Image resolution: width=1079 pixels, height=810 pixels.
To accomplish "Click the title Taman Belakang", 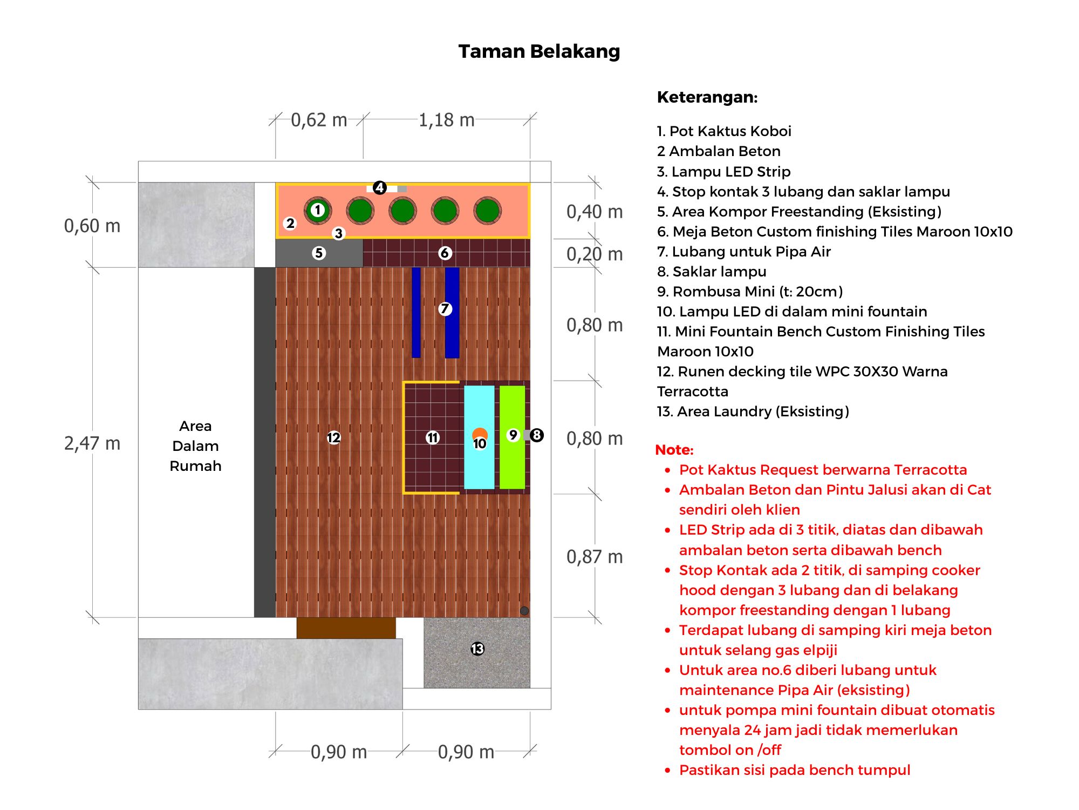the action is coord(539,51).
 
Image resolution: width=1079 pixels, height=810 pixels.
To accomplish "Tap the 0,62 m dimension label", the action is coord(319,120).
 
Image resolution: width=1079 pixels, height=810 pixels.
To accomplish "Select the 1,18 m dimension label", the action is coord(447,120).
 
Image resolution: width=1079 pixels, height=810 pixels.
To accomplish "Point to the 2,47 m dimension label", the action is coord(92,443).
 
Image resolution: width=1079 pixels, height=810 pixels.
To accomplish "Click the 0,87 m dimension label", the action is coord(595,557).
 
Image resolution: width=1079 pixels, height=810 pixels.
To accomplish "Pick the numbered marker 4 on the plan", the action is coord(380,187).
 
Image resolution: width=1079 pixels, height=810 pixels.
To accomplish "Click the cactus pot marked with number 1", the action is coord(318,211).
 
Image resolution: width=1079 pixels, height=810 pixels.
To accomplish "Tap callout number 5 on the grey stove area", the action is coord(319,253).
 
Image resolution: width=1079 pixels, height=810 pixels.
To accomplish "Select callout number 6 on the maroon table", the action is coord(445,253).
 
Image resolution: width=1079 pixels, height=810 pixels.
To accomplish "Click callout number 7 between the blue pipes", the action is coord(445,309).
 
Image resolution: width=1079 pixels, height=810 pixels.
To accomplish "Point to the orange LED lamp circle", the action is coord(480,434).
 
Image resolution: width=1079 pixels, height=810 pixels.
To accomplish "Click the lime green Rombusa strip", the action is coord(512,437).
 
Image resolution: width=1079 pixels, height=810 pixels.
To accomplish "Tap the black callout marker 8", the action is coord(536,435).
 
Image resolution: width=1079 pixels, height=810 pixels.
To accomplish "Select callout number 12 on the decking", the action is coord(333,437).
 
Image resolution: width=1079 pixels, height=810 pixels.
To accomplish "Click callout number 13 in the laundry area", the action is coord(477,649).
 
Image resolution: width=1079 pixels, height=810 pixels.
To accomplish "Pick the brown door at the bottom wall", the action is coord(346,628).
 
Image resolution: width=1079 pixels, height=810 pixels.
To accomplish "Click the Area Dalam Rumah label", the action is coord(195,446).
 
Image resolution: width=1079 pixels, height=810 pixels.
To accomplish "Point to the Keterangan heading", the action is coord(707,97).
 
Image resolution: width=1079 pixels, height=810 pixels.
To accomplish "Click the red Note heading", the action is coord(674,450).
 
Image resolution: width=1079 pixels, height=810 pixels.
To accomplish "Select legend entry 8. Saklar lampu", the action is coord(712,272).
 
